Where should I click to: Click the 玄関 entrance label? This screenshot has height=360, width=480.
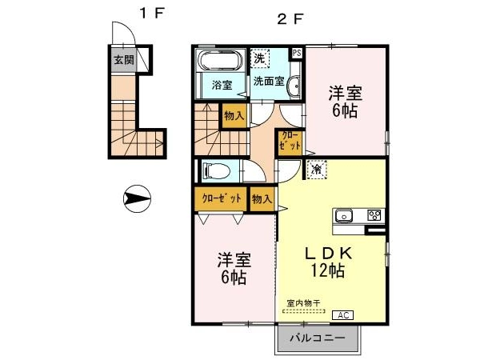[124, 60]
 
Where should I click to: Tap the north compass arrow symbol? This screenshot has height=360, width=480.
[137, 198]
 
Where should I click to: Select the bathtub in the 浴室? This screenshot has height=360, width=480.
[221, 60]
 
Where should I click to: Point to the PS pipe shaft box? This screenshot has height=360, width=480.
[296, 53]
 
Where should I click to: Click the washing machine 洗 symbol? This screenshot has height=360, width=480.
[260, 58]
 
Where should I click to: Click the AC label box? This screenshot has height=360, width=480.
[343, 315]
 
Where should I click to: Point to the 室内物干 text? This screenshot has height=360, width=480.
[303, 303]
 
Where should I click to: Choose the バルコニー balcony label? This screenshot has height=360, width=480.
[318, 338]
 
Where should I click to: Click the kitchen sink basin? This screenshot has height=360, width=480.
[343, 216]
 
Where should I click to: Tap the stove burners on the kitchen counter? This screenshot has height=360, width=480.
[374, 215]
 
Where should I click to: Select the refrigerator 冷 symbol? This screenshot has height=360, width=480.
[317, 169]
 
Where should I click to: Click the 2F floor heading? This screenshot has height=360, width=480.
[290, 19]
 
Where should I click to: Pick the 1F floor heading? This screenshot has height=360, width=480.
[152, 14]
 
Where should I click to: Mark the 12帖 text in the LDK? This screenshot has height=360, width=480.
[328, 270]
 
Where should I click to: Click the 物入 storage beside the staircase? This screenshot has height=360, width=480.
[234, 116]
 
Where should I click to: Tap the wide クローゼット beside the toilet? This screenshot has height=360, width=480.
[221, 199]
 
